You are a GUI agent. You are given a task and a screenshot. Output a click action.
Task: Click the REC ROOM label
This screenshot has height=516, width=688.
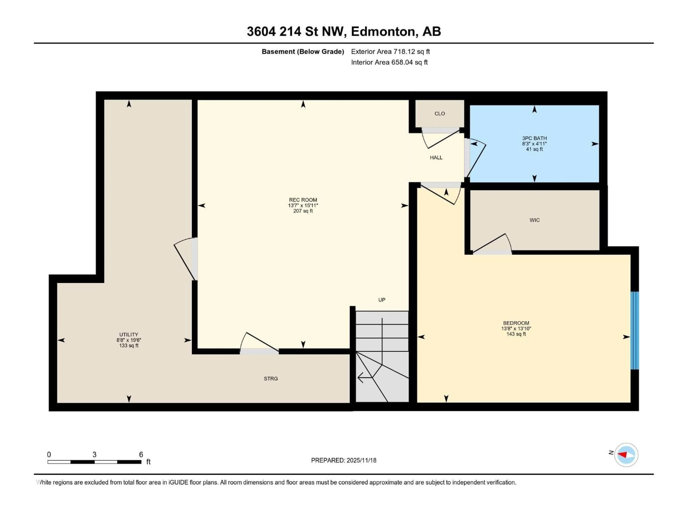click(x=303, y=200)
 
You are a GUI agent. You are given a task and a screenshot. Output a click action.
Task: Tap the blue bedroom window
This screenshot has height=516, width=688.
click(x=634, y=330)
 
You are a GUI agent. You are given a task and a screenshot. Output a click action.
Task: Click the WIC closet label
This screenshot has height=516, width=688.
click(x=534, y=220)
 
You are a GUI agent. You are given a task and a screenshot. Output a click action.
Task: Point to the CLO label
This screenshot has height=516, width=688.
click(x=439, y=114)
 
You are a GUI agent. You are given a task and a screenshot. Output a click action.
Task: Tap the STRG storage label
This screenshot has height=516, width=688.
click(x=271, y=379)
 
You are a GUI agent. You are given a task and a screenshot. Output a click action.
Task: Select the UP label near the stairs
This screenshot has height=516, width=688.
click(x=382, y=300)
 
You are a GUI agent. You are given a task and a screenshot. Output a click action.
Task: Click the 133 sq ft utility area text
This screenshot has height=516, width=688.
click(x=129, y=346)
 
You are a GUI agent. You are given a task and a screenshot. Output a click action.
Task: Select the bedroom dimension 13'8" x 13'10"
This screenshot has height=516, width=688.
click(x=516, y=328)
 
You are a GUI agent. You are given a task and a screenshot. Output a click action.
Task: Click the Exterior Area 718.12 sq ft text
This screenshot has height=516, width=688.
click(x=390, y=52)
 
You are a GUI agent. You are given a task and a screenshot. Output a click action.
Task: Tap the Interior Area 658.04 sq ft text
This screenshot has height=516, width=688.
click(x=389, y=62)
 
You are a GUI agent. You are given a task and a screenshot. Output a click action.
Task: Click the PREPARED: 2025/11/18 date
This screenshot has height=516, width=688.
click(x=343, y=460)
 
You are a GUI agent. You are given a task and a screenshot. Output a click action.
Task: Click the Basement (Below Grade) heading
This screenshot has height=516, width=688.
click(x=303, y=52)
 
